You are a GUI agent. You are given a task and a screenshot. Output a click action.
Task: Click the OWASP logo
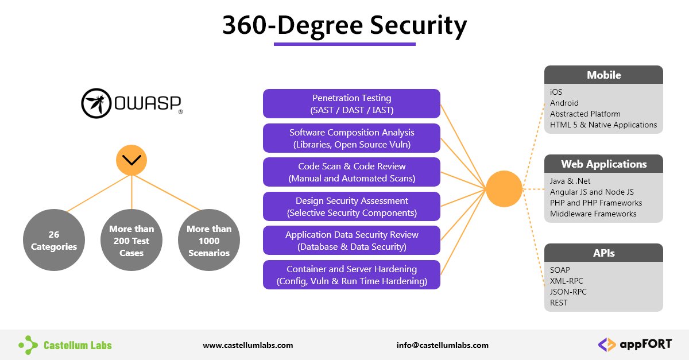click(132, 103)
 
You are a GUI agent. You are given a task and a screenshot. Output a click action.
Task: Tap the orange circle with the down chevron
click(131, 160)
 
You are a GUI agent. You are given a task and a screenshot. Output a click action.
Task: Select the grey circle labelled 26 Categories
click(54, 241)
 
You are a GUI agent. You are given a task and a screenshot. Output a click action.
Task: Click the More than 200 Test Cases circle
click(131, 241)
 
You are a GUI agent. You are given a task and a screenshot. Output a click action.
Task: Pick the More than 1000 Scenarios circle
click(209, 241)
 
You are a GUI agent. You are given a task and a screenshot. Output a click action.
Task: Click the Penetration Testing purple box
click(351, 104)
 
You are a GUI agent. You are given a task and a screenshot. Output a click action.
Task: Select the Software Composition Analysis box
click(351, 138)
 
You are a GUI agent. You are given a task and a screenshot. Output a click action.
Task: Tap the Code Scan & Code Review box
click(351, 172)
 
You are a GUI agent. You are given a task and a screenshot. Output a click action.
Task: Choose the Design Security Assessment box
click(351, 207)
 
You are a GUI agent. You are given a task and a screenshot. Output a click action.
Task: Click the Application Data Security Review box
click(351, 241)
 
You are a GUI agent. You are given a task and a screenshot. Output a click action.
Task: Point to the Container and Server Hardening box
click(351, 275)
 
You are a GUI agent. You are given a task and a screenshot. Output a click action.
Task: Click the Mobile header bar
click(603, 75)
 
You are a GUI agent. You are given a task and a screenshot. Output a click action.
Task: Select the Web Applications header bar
click(603, 164)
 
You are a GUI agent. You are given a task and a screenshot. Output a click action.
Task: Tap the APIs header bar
click(603, 253)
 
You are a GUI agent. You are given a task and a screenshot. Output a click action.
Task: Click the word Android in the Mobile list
click(564, 103)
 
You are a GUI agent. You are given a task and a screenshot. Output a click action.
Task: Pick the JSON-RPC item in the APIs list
click(568, 292)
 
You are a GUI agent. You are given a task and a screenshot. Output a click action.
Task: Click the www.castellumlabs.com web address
click(248, 345)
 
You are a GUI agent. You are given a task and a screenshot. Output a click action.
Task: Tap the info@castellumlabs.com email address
click(442, 345)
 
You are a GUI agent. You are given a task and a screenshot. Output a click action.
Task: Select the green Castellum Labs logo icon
click(28, 344)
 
